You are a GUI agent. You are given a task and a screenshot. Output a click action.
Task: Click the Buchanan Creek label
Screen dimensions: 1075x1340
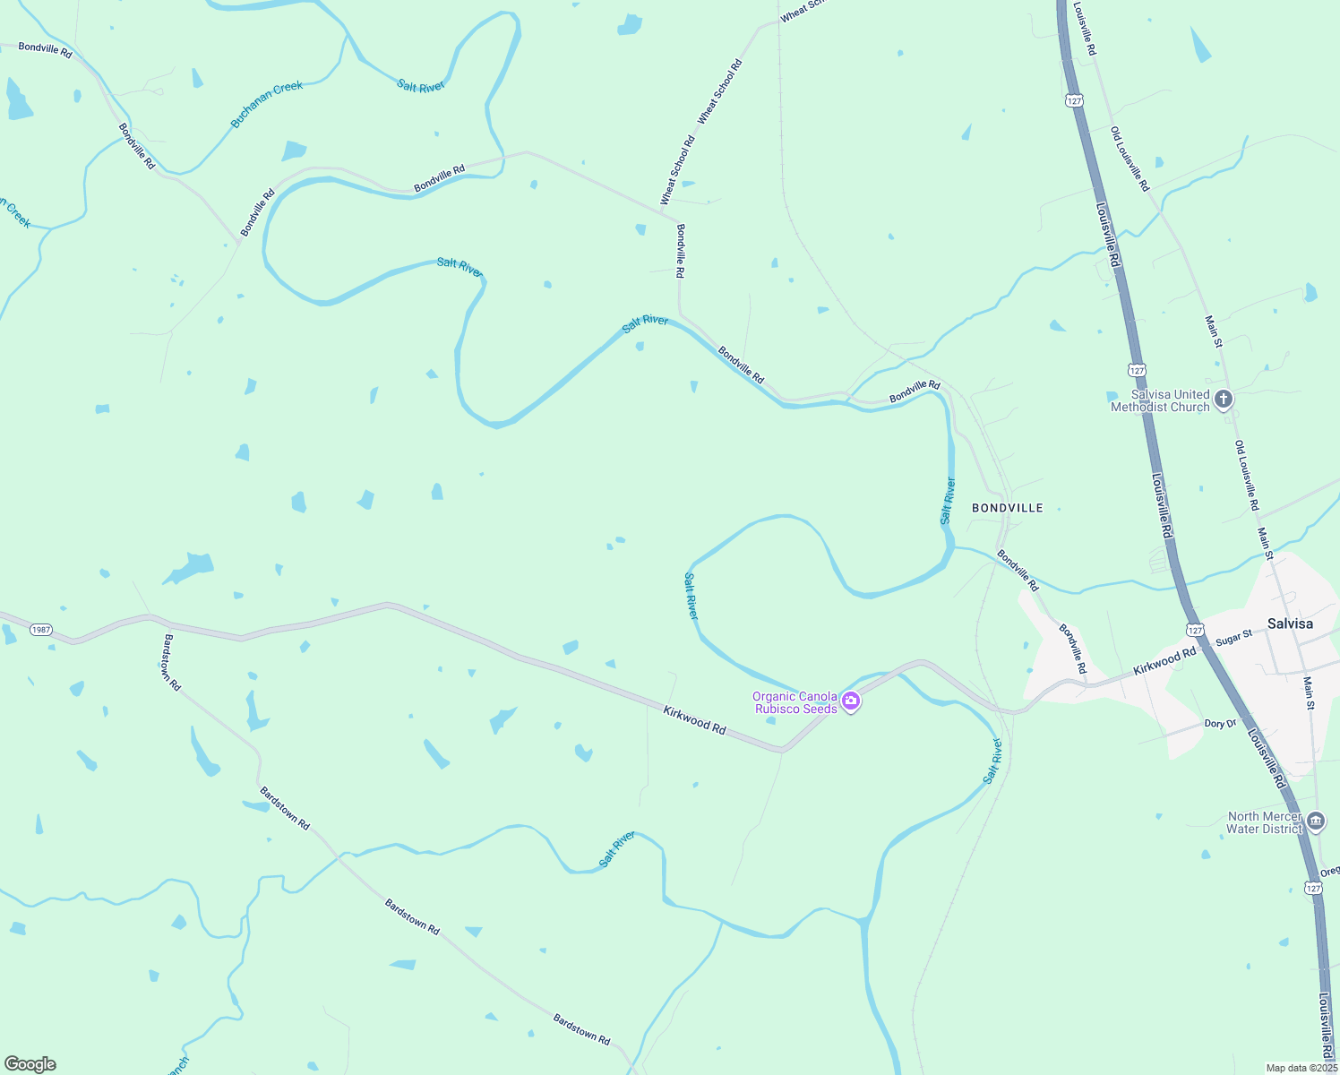267,104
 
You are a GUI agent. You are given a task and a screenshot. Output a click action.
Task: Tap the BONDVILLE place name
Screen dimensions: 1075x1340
1008,508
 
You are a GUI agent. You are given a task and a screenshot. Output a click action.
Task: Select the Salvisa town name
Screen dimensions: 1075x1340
1290,623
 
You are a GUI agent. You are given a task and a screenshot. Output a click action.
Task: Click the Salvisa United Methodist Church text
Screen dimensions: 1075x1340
1160,400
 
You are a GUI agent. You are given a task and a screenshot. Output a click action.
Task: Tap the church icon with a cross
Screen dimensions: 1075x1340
1224,400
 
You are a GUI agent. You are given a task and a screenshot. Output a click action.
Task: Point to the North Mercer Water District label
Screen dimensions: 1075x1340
1265,822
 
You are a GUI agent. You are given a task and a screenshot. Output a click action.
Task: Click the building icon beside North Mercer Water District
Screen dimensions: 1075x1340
1316,821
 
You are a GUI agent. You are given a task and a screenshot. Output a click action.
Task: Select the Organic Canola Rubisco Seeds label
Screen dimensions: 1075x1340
795,702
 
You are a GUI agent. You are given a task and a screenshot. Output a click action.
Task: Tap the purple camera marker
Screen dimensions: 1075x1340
852,702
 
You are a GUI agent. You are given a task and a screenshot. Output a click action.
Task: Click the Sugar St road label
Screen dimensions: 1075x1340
1233,639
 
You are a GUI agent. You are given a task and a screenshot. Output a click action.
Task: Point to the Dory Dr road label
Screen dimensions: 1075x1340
1220,724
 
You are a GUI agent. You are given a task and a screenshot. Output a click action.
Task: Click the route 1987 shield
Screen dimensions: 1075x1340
41,630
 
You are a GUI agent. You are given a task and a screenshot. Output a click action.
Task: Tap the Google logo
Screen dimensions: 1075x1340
30,1064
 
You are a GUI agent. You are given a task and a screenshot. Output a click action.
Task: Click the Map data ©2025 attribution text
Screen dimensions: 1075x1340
1301,1068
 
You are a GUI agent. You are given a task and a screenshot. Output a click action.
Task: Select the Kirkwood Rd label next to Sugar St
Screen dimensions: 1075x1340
1164,662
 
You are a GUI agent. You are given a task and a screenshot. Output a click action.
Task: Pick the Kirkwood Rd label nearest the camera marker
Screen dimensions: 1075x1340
694,720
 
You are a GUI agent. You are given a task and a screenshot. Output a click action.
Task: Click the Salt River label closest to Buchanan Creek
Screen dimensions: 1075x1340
421,86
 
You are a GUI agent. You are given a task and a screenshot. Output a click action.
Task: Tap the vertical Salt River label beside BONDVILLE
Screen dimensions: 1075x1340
948,502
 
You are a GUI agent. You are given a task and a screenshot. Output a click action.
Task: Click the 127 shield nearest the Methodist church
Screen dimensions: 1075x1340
1137,369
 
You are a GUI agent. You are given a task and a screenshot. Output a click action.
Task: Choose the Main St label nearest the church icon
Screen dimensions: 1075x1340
1213,331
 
